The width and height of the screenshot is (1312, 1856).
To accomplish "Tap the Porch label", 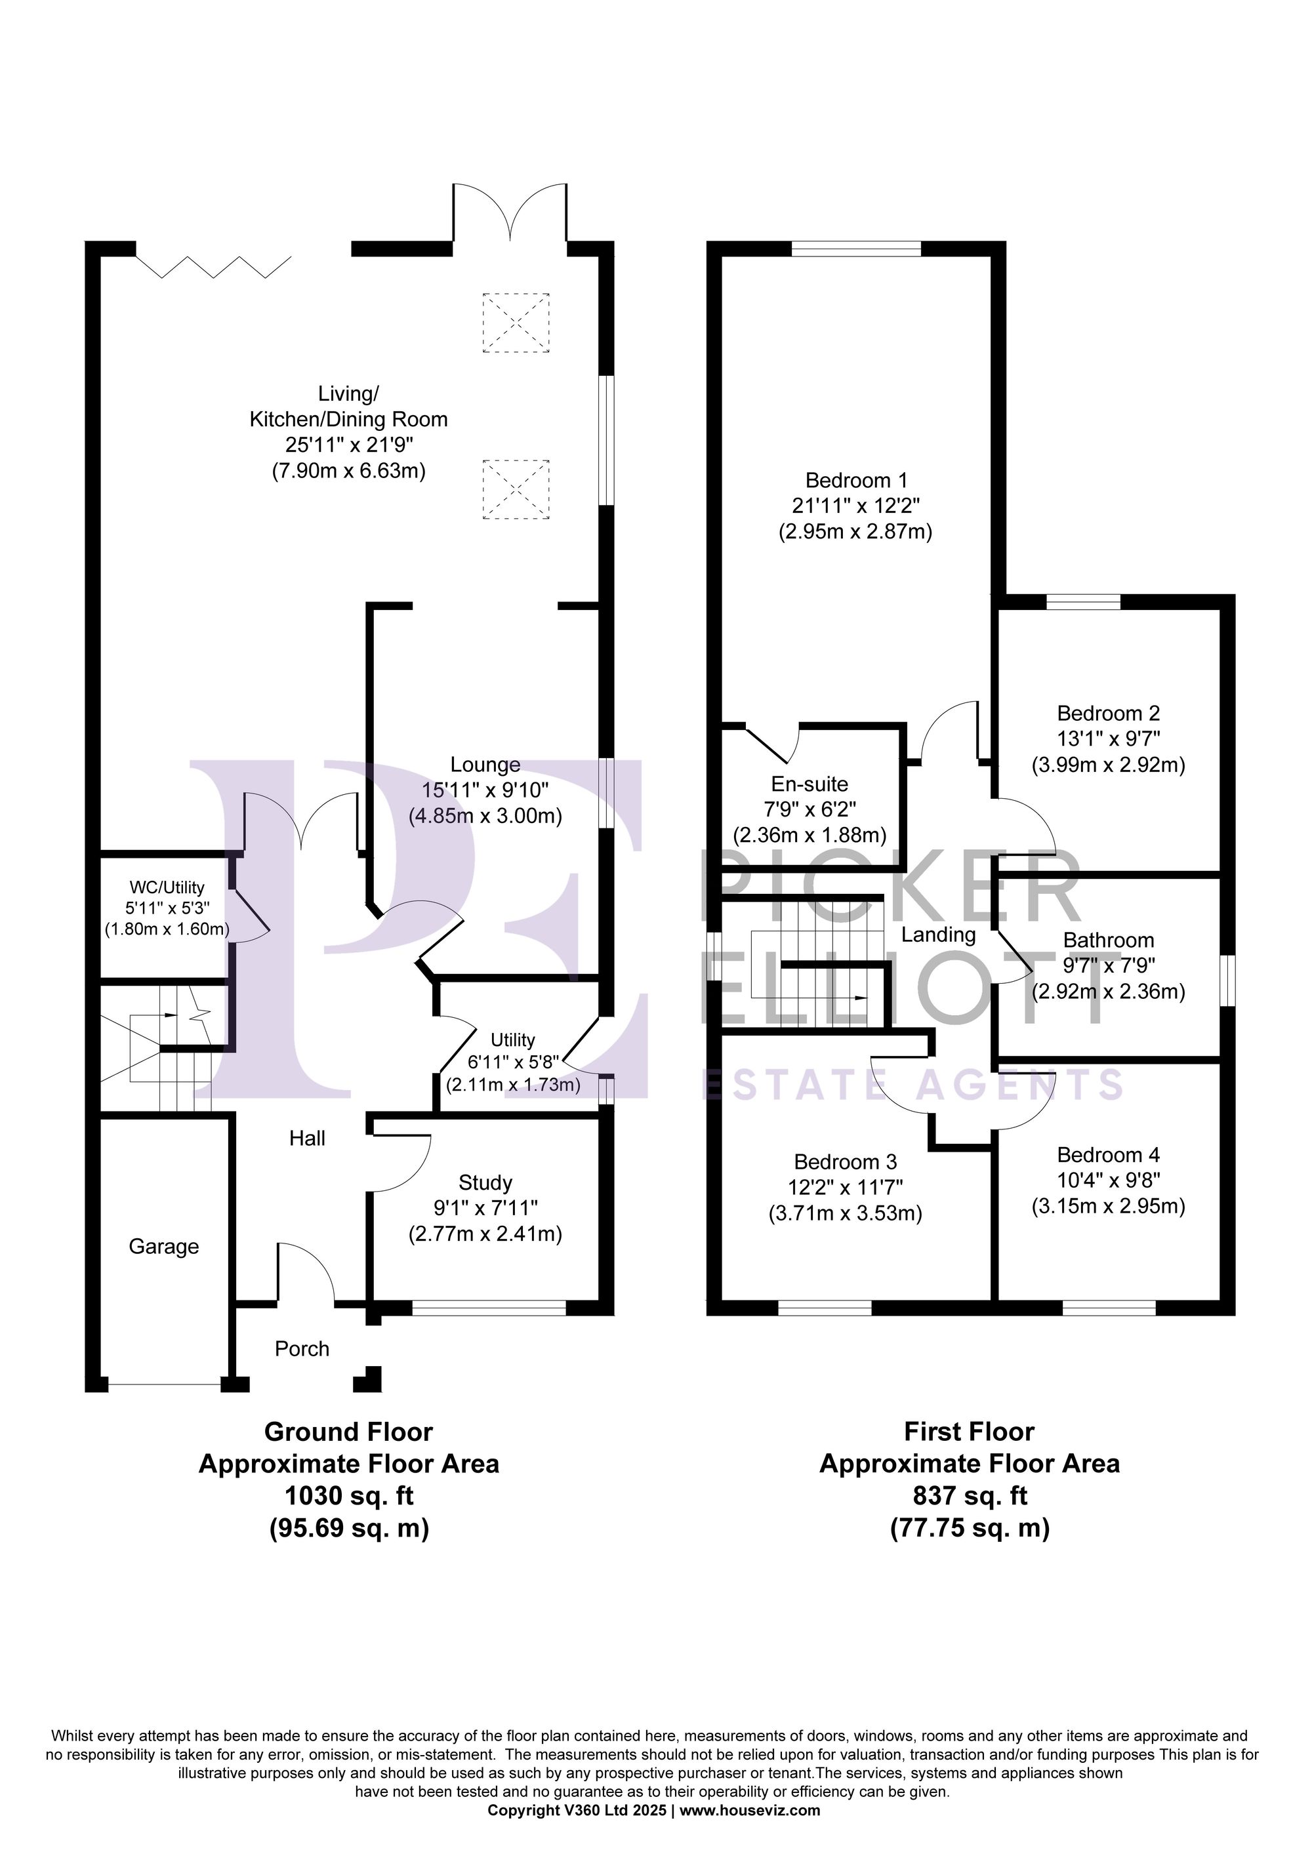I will [302, 1348].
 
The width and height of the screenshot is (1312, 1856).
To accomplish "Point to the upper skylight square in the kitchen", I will [516, 323].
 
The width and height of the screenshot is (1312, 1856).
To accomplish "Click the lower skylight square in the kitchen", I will [516, 488].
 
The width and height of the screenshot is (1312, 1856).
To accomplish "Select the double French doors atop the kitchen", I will [510, 212].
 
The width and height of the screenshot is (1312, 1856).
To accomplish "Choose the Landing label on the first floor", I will [939, 935].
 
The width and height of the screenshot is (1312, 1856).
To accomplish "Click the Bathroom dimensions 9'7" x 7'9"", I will [1108, 965].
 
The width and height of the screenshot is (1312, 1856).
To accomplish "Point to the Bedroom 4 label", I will [1108, 1154].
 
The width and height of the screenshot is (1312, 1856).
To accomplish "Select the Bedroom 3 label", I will [845, 1161].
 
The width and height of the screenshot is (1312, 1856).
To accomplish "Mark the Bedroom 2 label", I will [1108, 713].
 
